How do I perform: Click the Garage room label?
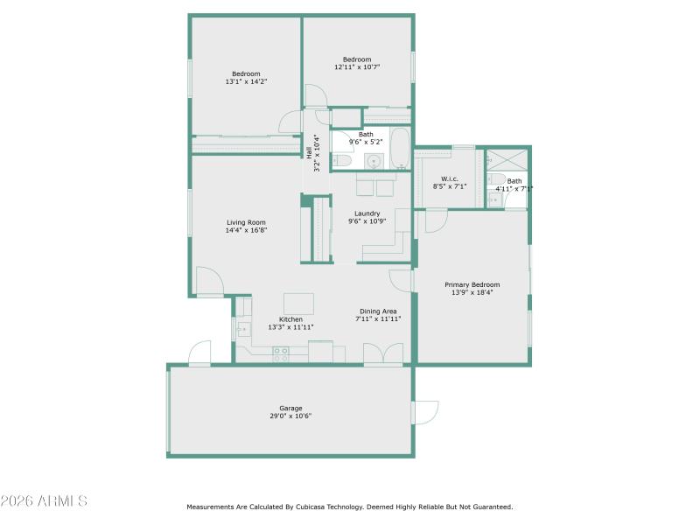[x=290, y=408]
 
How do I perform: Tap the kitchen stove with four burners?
[x=281, y=354]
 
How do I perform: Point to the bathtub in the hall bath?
[x=399, y=149]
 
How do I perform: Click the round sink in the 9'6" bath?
[x=374, y=161]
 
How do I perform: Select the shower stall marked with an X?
[x=507, y=159]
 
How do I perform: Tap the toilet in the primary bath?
[x=497, y=180]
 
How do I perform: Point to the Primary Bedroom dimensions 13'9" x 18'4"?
[x=472, y=292]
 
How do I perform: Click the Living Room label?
[x=246, y=222]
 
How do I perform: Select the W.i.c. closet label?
[x=450, y=178]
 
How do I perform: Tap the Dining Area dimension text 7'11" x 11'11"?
[x=378, y=319]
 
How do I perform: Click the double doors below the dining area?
[x=383, y=353]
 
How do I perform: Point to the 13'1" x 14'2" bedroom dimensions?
[x=246, y=81]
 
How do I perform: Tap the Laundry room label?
[x=367, y=213]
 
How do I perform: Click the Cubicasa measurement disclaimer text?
[x=349, y=507]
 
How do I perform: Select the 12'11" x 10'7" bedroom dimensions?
[x=357, y=66]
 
